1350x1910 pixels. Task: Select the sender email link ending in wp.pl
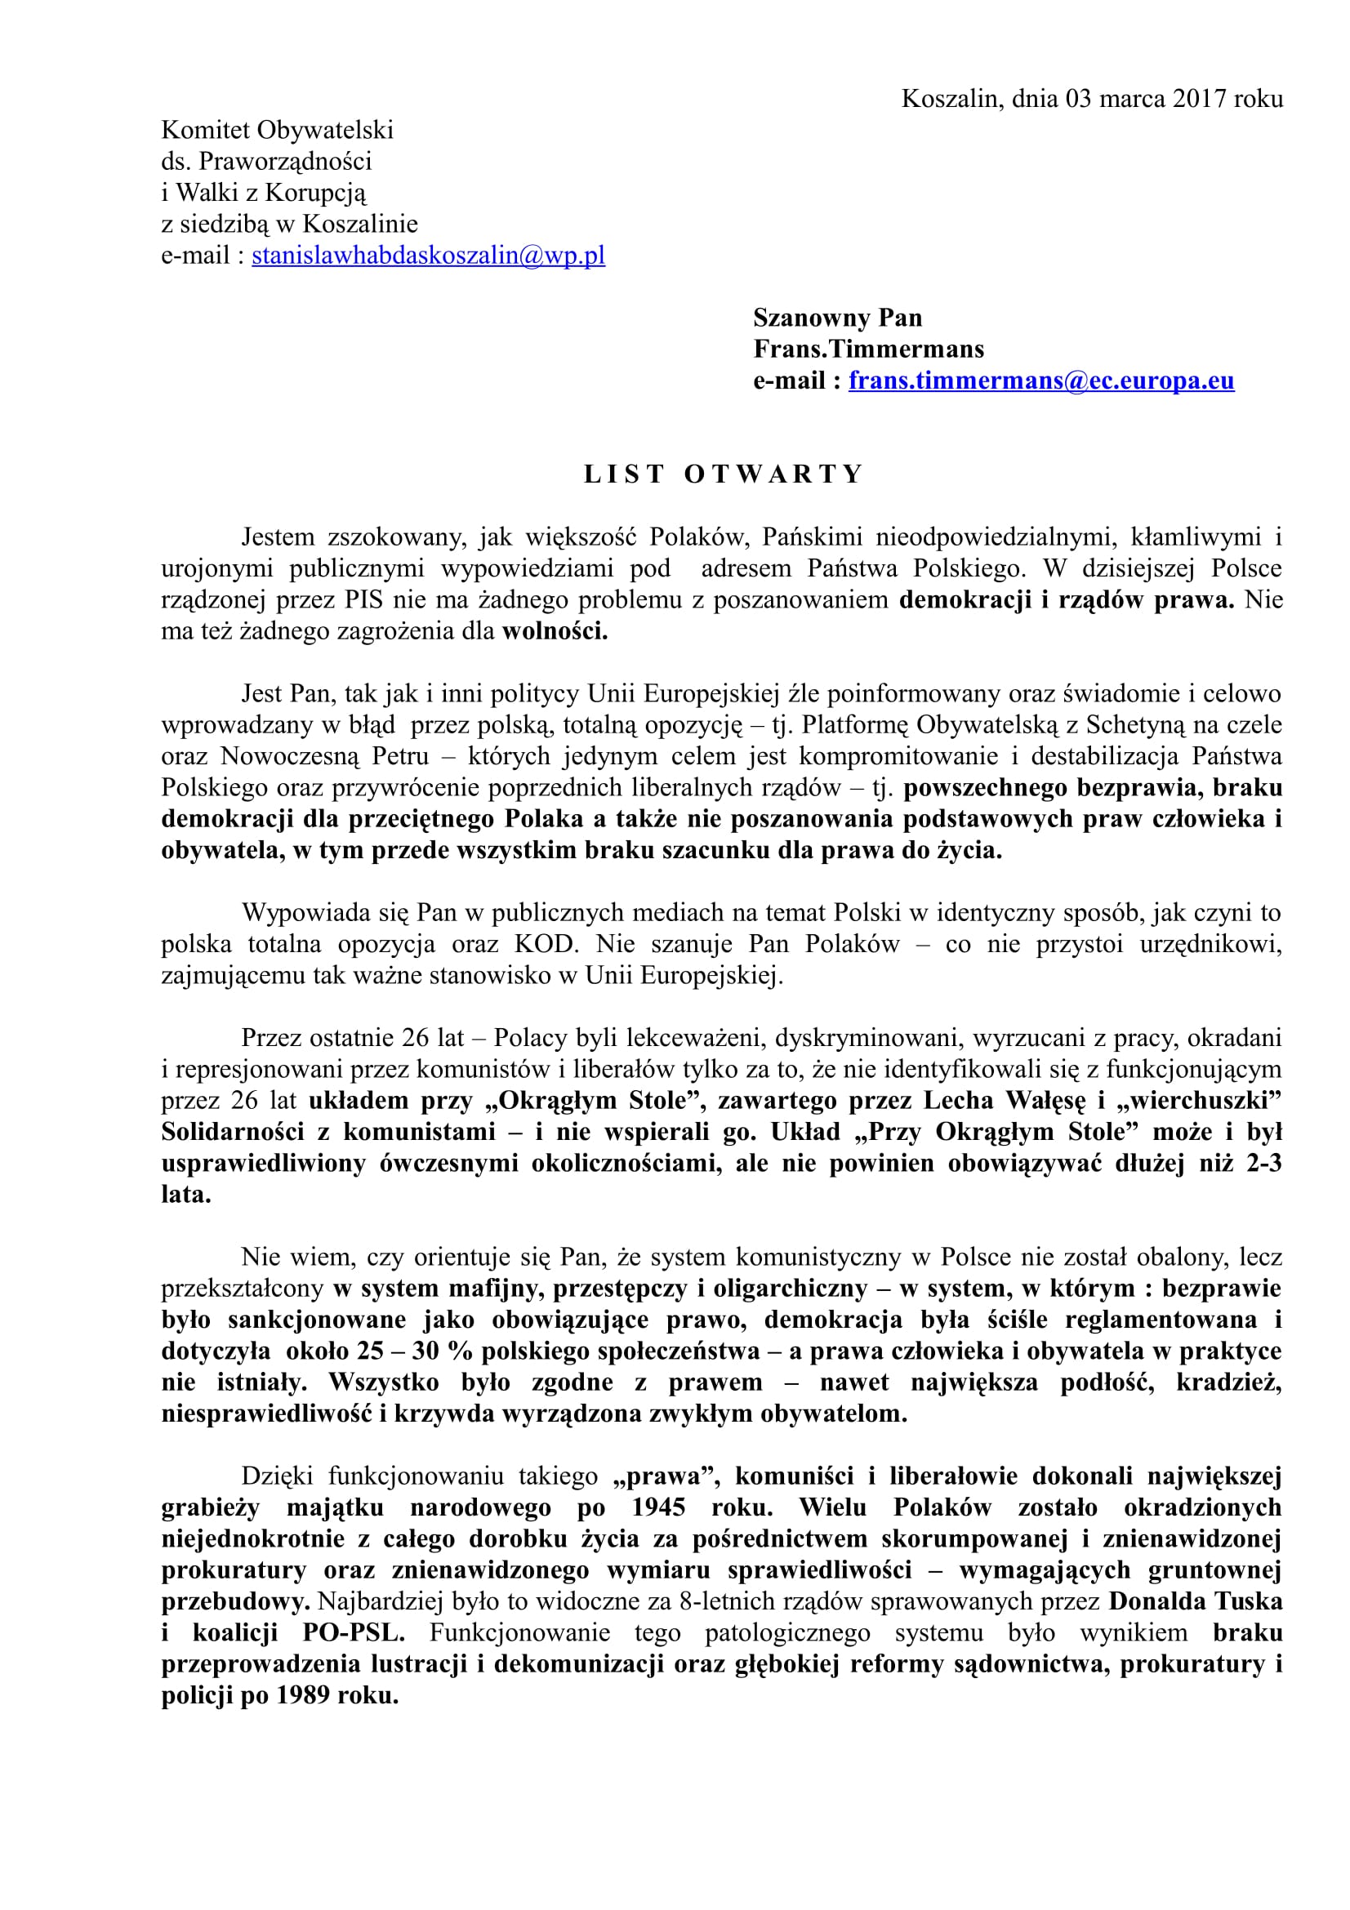tap(429, 255)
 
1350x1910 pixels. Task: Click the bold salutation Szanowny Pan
tap(838, 318)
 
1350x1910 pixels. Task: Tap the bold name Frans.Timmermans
tap(868, 349)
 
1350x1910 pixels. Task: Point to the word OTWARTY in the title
tap(773, 474)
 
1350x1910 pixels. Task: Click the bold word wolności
tap(555, 631)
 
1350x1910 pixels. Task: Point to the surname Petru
tap(401, 756)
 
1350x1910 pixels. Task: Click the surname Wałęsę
tap(1045, 1101)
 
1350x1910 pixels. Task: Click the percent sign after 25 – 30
tap(460, 1351)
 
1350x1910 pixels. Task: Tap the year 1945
tap(658, 1507)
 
